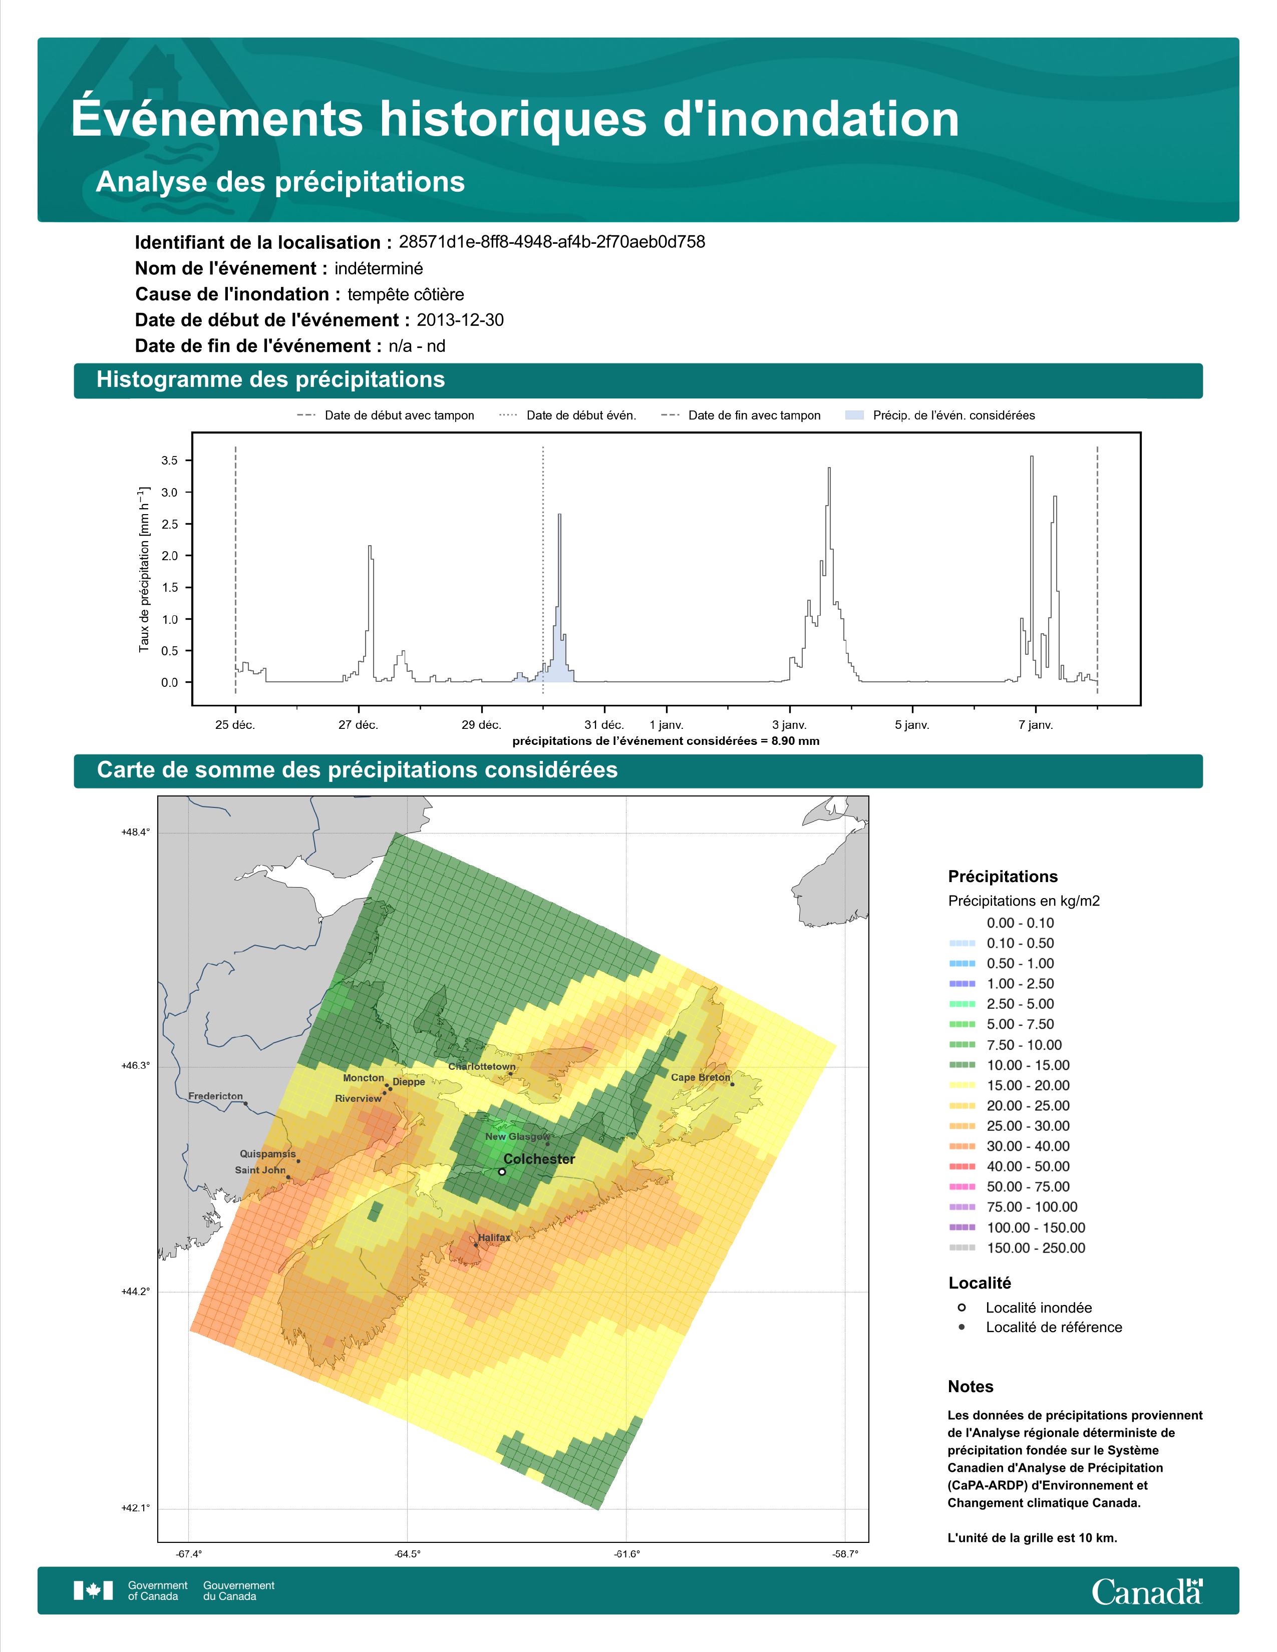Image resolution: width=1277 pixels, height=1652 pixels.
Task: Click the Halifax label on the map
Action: click(494, 1237)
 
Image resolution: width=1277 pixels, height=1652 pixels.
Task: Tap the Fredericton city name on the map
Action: click(216, 1096)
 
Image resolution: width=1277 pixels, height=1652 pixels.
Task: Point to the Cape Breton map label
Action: click(701, 1077)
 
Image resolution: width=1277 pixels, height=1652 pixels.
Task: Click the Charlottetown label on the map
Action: click(482, 1066)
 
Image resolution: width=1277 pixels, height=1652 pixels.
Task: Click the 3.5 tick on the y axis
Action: click(169, 461)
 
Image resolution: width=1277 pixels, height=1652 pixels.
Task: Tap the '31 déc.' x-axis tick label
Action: click(604, 725)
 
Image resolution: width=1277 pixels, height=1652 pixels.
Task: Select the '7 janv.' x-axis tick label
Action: click(1036, 725)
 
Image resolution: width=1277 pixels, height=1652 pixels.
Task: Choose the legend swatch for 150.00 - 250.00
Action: click(962, 1248)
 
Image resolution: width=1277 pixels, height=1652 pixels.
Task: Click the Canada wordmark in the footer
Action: click(1147, 1591)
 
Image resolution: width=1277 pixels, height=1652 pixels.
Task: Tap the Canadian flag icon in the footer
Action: click(93, 1591)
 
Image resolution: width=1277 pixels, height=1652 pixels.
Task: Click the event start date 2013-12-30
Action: click(460, 320)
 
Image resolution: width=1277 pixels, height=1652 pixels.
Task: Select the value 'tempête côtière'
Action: click(406, 294)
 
